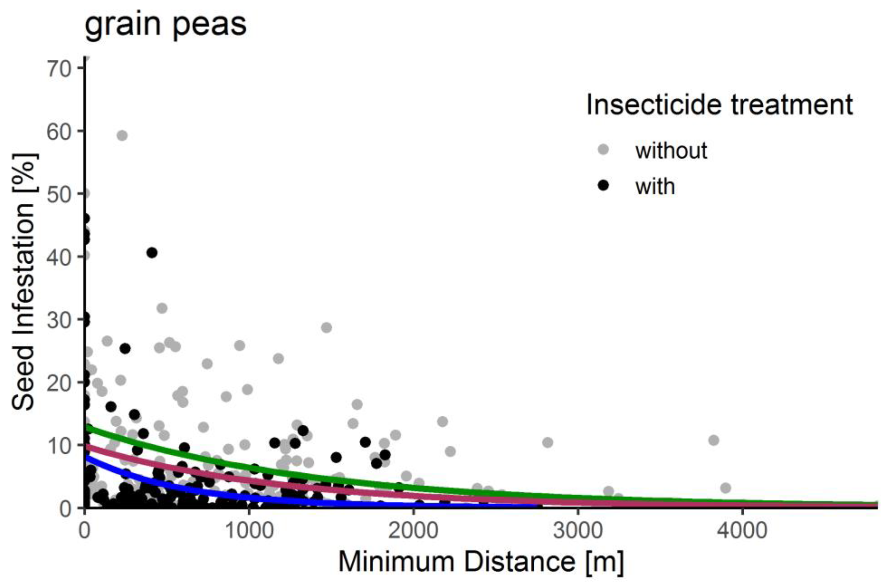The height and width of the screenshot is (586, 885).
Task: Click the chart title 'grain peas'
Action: point(165,25)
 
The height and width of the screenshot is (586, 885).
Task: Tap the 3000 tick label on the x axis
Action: point(577,531)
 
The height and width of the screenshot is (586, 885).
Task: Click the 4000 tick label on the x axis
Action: point(742,531)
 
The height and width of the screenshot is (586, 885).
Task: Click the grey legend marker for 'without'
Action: point(604,149)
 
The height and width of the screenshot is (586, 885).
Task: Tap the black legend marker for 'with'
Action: point(604,185)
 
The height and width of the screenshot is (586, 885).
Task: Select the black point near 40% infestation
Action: point(152,253)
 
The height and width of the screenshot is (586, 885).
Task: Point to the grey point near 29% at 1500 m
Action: point(326,327)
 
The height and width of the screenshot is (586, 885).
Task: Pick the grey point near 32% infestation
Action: point(162,308)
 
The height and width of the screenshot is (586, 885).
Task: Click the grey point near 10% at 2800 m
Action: point(548,443)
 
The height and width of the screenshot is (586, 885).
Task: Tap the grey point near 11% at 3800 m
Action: point(714,440)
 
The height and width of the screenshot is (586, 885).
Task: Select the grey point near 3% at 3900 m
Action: point(725,488)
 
